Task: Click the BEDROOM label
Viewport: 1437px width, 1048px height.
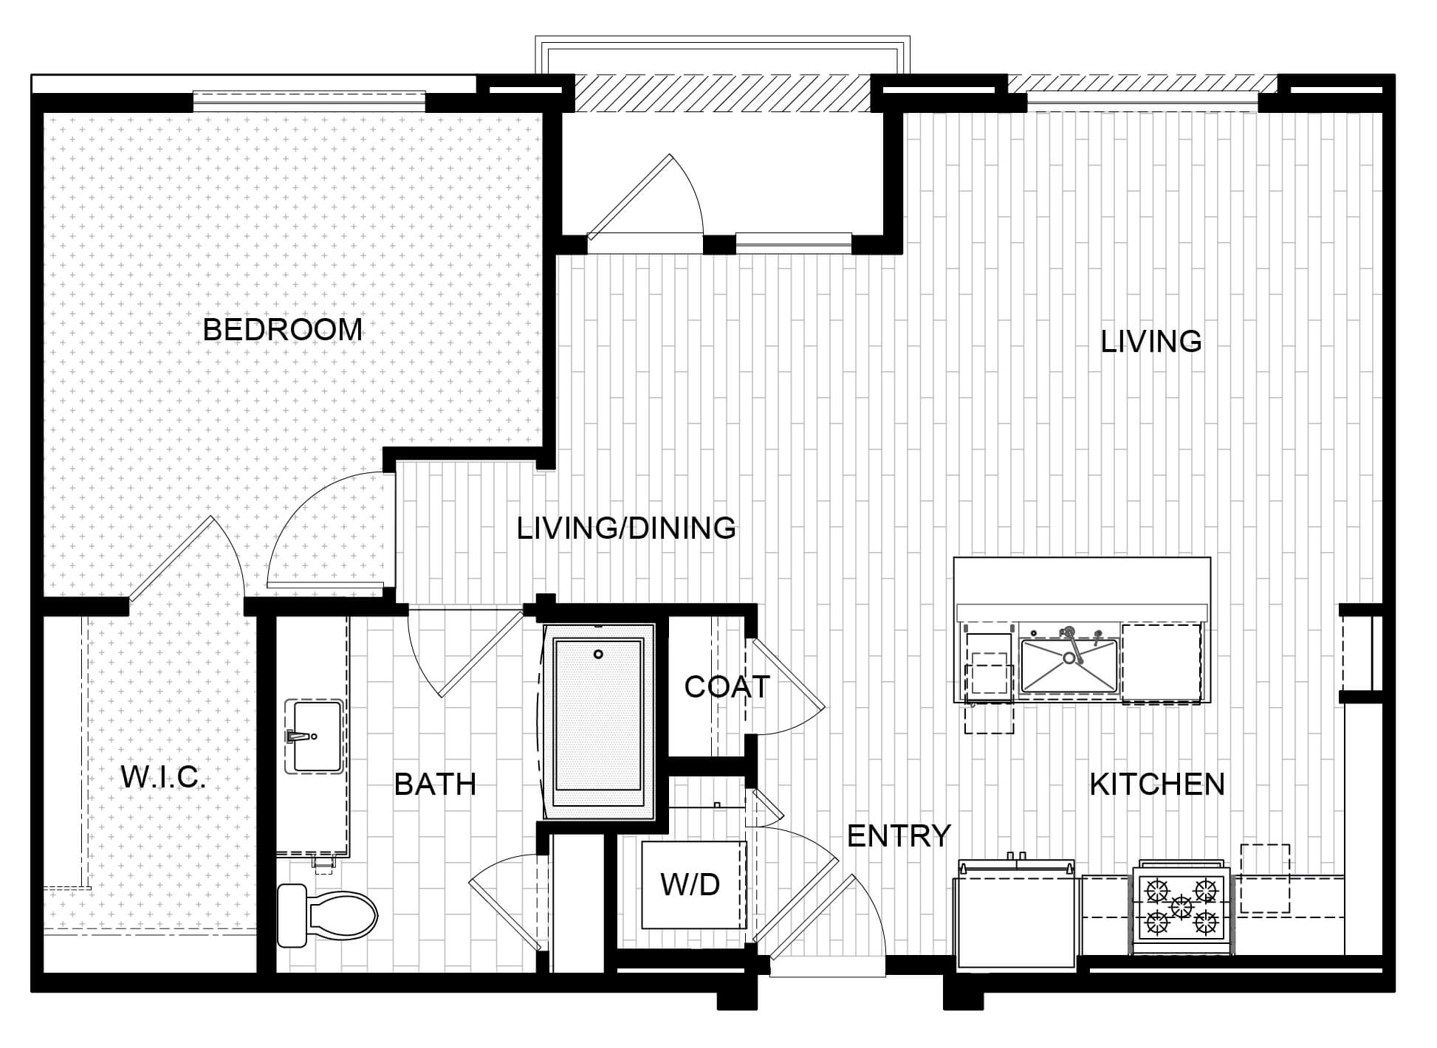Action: [x=283, y=329]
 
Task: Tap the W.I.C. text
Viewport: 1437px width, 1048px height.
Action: [x=163, y=777]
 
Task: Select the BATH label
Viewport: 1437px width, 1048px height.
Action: [x=435, y=784]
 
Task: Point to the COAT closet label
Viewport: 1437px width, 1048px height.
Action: [x=727, y=687]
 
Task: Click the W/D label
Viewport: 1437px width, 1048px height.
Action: [x=690, y=884]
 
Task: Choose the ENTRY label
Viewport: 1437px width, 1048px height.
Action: [x=899, y=835]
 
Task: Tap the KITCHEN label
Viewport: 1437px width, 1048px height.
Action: [x=1157, y=784]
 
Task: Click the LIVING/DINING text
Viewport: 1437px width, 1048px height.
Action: [x=626, y=528]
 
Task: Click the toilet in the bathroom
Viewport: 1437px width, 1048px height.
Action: [x=327, y=915]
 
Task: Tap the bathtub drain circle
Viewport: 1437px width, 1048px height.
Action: [x=599, y=654]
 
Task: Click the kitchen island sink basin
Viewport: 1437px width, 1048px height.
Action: [x=1069, y=666]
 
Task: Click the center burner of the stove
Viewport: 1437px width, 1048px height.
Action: [x=1182, y=906]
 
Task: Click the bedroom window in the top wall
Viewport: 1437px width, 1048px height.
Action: [x=309, y=100]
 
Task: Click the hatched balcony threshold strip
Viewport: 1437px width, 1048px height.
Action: [x=723, y=94]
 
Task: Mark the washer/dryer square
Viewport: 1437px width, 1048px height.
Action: [x=693, y=884]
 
